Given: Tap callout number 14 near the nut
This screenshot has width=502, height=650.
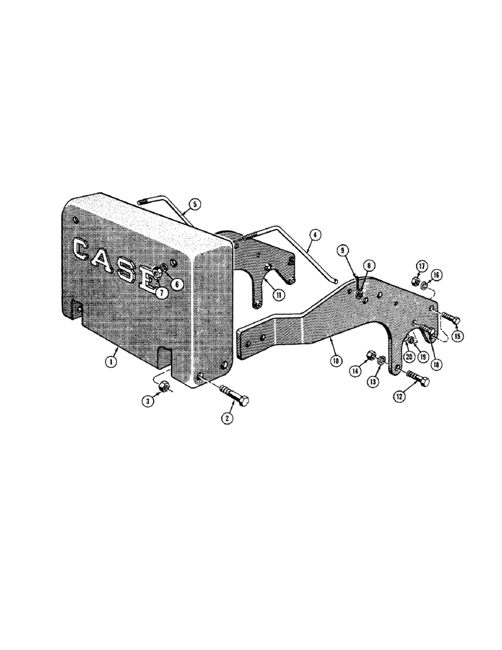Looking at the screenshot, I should point(356,371).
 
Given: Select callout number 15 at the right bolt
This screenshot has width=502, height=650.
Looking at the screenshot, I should point(457,337).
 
